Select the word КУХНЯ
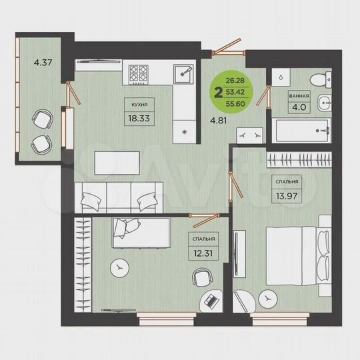click(x=139, y=103)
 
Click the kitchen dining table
click(x=117, y=162)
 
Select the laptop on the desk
click(x=212, y=301)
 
